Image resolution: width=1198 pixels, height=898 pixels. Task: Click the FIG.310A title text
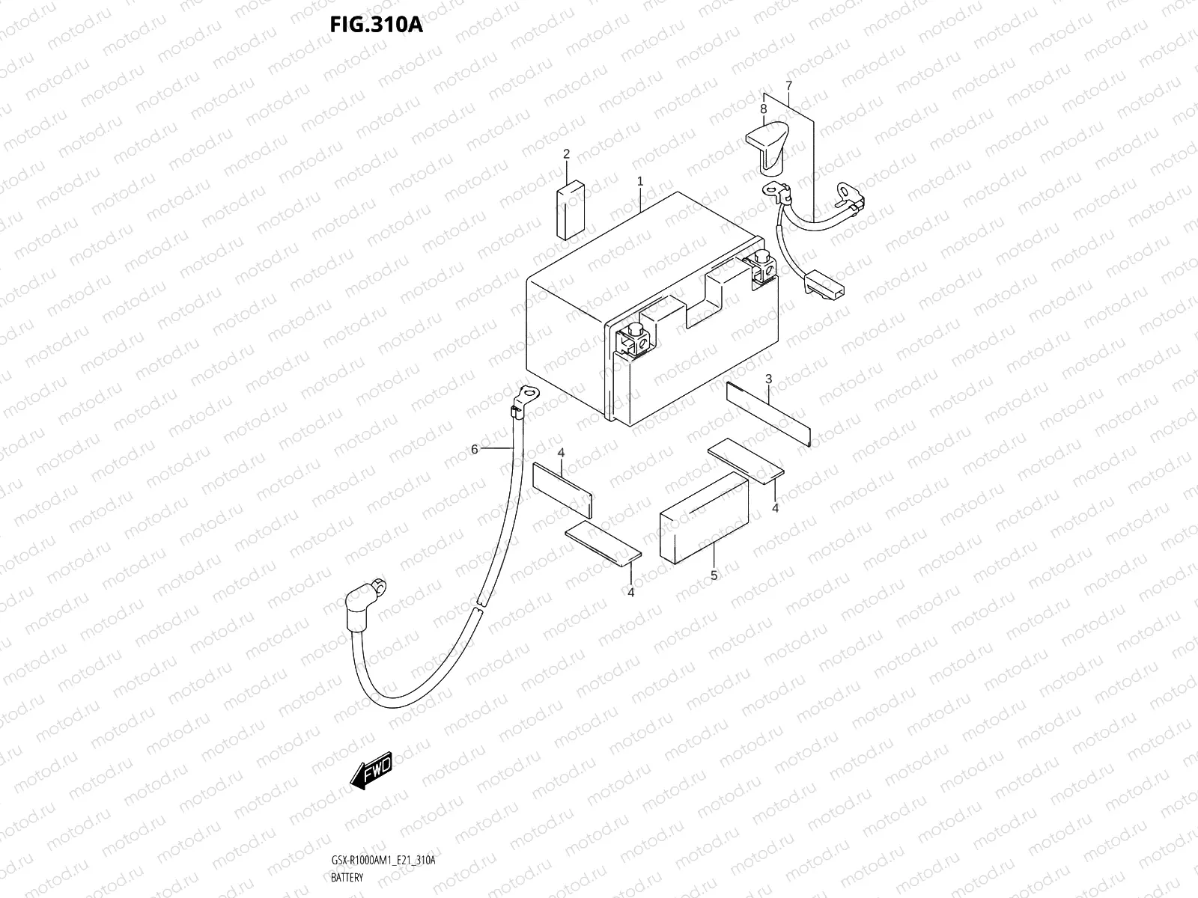pyautogui.click(x=376, y=25)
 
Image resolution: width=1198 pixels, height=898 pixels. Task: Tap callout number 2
pyautogui.click(x=567, y=154)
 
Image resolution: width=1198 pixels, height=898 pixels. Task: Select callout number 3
pyautogui.click(x=768, y=379)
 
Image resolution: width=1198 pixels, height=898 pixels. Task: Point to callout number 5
pyautogui.click(x=714, y=575)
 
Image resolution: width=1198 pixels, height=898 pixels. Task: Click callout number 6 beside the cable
pyautogui.click(x=474, y=449)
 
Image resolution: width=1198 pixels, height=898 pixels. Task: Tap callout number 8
pyautogui.click(x=763, y=109)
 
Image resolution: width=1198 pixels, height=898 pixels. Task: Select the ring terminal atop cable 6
pyautogui.click(x=527, y=394)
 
